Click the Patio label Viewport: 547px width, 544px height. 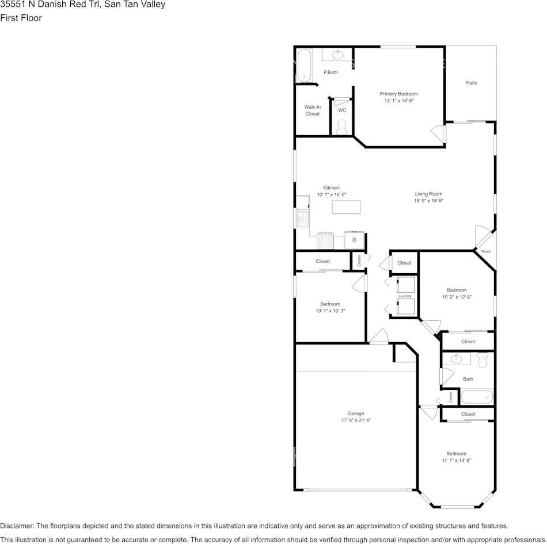point(472,83)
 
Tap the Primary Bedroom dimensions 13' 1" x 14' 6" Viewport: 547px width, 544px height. point(399,101)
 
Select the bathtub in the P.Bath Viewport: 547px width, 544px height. point(304,66)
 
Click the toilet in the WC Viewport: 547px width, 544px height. point(341,127)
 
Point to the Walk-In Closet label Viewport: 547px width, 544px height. point(312,110)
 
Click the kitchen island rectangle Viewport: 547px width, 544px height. point(346,207)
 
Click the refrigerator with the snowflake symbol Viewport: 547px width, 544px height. point(355,240)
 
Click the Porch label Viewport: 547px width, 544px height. point(486,252)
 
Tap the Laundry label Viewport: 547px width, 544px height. point(405,296)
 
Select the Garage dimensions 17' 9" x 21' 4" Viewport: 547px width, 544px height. point(356,420)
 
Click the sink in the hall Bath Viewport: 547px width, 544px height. point(456,359)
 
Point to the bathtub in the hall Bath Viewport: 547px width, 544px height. point(477,397)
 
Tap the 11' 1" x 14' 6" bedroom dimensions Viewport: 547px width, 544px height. point(456,461)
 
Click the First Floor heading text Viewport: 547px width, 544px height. point(21,18)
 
